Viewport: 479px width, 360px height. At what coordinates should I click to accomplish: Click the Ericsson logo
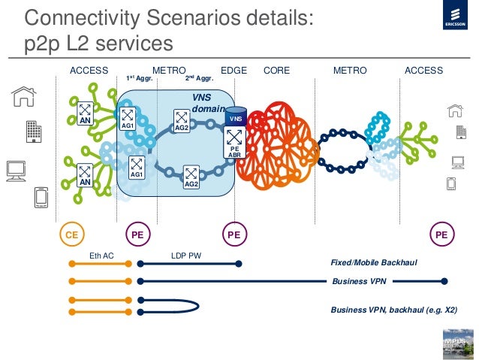(454, 26)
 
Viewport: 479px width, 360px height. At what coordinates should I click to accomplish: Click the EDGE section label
(234, 71)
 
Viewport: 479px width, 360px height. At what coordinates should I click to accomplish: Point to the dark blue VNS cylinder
(235, 117)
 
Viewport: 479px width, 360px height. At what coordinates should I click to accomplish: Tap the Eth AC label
(101, 256)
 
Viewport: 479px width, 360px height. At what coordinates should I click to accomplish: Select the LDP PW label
(185, 256)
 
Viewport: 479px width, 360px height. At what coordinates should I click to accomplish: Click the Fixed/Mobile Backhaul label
(373, 263)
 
